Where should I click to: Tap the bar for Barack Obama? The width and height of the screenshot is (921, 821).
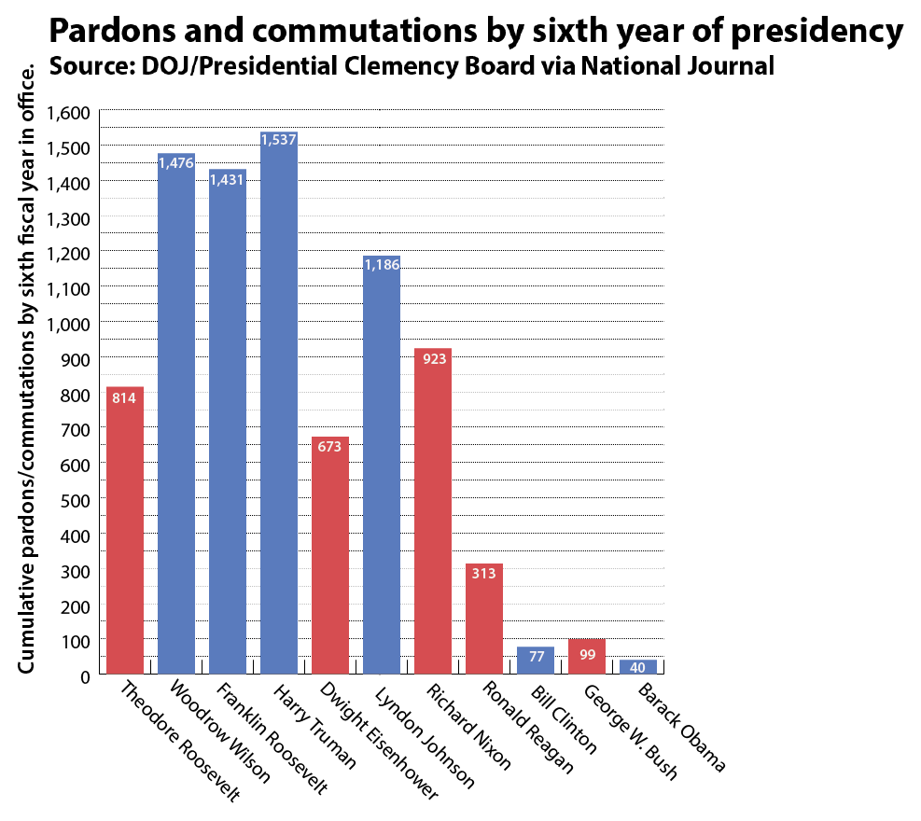[x=638, y=667]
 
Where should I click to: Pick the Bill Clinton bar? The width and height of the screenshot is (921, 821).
[x=536, y=661]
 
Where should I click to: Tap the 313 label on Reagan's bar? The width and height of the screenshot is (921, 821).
[x=484, y=574]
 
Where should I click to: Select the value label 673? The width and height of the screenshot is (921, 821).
[x=330, y=446]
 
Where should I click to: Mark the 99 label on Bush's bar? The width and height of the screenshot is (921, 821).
[x=587, y=654]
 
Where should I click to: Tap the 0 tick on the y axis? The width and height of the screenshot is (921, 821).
[x=84, y=675]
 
